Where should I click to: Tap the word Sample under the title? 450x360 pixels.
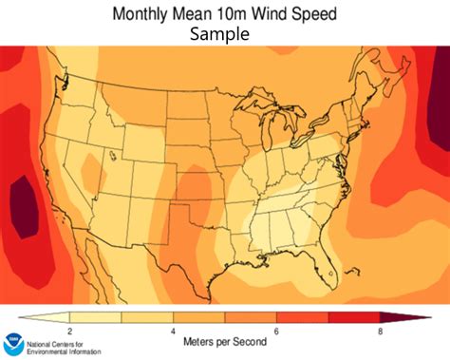tap(219, 34)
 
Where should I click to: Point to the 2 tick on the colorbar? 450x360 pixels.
tap(70, 330)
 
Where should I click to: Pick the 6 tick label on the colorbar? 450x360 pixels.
tap(276, 330)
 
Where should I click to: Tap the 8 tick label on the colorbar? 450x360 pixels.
tap(379, 330)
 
